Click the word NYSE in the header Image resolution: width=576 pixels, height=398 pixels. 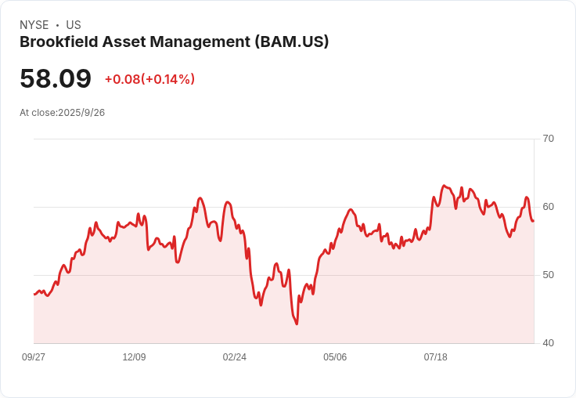click(34, 25)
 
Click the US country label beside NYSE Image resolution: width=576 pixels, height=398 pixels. click(74, 25)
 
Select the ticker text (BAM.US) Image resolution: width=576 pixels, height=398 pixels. click(292, 42)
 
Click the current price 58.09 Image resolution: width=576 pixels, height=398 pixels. click(56, 79)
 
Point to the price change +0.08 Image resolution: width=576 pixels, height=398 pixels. click(122, 79)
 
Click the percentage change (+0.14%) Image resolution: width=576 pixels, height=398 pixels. click(168, 79)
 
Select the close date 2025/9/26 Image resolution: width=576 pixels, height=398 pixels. click(81, 113)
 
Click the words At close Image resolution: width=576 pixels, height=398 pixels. click(38, 113)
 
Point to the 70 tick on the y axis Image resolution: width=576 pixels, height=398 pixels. click(548, 139)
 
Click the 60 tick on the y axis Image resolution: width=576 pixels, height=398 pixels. click(548, 207)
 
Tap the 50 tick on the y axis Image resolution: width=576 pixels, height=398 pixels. click(548, 275)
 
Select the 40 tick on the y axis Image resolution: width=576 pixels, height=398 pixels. click(548, 343)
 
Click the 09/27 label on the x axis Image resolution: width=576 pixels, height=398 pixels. click(34, 357)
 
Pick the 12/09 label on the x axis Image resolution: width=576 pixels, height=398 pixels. click(134, 357)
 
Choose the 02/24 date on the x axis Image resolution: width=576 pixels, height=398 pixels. click(234, 357)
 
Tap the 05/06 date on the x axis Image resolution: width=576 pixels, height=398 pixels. click(335, 357)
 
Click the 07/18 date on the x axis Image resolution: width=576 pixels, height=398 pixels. click(435, 357)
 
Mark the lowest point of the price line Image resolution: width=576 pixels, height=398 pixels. click(297, 324)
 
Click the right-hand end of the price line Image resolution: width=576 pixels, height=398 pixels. click(533, 220)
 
